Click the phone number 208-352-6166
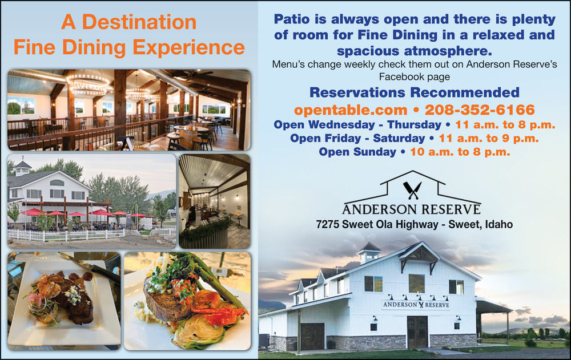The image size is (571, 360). (x=480, y=110)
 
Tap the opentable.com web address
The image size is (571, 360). (x=351, y=110)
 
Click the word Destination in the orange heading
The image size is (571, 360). (x=139, y=22)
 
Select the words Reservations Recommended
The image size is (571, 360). (x=415, y=92)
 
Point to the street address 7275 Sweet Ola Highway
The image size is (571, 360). (x=377, y=224)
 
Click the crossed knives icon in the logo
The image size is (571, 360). (x=412, y=191)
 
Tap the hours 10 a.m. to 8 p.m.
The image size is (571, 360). (x=460, y=152)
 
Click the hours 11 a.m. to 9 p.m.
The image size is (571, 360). (x=489, y=138)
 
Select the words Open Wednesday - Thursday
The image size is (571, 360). (x=357, y=124)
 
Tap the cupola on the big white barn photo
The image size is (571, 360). (x=369, y=252)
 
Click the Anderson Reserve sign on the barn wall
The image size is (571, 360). (x=416, y=305)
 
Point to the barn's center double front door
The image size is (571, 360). (x=417, y=331)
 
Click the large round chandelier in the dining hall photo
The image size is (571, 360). (x=87, y=85)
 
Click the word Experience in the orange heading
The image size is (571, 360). (x=188, y=48)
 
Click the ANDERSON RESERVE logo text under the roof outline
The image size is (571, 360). (x=412, y=209)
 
